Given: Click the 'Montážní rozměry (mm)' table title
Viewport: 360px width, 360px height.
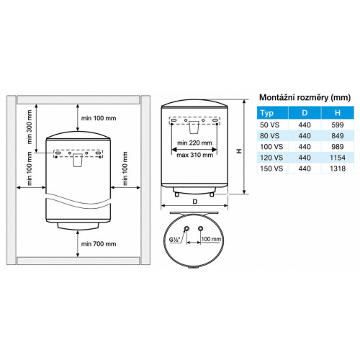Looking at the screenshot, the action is tap(305, 97).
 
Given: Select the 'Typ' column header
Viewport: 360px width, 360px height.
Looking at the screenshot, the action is tap(267, 113).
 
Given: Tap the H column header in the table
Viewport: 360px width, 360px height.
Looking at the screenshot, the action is tap(338, 113).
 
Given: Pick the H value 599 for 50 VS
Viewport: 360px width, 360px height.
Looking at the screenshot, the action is tap(338, 125).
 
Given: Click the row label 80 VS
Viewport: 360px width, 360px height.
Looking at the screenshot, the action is tap(269, 136).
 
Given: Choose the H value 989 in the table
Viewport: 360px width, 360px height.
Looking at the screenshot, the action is tap(338, 147).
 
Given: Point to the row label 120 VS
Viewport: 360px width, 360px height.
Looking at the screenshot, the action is tap(271, 158).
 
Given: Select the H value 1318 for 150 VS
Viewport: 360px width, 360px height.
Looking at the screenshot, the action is tap(338, 168).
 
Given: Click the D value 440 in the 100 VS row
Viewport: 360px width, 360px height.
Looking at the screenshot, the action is tap(305, 147).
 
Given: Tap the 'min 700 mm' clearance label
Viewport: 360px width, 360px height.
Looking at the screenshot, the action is tap(99, 244).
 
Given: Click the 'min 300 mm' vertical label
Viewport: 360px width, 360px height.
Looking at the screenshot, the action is tap(30, 127).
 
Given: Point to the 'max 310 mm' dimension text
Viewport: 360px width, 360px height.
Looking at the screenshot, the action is tap(194, 155).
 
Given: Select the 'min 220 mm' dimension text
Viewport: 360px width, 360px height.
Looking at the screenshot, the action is tap(194, 143).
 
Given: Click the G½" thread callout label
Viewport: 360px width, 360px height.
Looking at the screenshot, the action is tap(175, 240).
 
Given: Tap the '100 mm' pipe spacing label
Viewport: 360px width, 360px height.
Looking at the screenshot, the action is tap(211, 239).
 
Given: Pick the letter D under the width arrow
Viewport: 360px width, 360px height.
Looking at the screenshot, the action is tap(195, 202).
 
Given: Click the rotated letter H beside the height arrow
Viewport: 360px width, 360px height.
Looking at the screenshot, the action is tap(239, 151).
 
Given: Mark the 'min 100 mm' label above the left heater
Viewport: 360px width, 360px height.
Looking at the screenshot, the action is tap(99, 118).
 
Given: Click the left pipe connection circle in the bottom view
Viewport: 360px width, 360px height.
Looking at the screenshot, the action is tap(186, 228).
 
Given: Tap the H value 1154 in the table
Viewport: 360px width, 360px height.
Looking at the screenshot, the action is tap(338, 158).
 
